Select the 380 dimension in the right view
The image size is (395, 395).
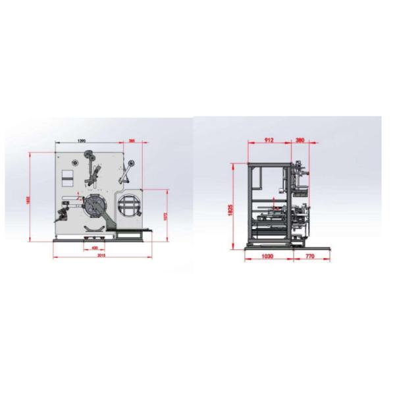300,140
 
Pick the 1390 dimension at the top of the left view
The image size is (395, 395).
82,141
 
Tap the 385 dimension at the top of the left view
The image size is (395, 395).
132,141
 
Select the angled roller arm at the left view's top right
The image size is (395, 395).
126,172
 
